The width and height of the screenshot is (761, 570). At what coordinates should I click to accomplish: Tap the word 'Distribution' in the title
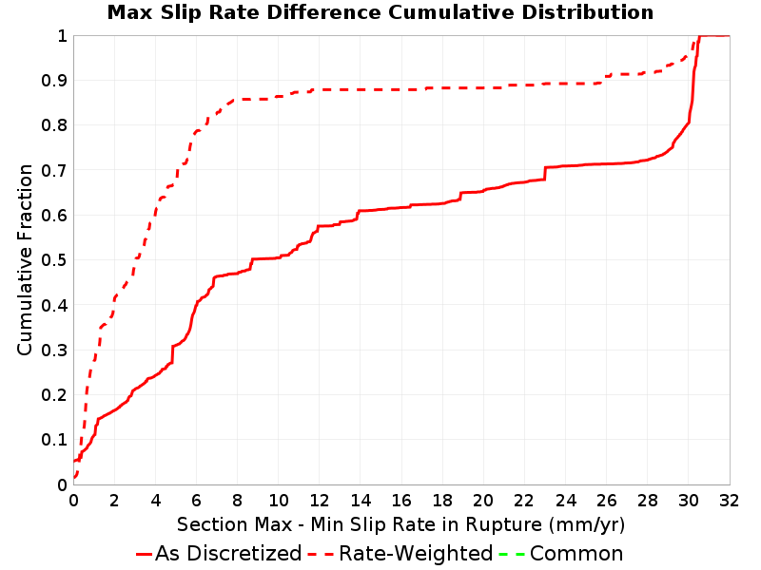click(588, 12)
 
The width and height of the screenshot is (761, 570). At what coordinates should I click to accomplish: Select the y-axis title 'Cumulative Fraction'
click(25, 259)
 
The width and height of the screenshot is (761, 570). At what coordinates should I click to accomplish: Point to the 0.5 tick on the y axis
click(54, 260)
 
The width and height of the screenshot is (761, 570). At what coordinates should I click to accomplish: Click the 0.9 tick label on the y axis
click(54, 81)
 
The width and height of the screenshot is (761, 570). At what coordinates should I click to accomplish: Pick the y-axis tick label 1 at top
click(63, 36)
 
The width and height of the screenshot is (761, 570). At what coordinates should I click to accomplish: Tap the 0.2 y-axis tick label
click(54, 395)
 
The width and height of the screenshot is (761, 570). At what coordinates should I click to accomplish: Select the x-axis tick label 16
click(401, 500)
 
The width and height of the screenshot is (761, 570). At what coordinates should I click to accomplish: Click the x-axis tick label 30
click(688, 500)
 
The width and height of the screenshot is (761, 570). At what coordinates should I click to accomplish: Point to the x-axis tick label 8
click(237, 500)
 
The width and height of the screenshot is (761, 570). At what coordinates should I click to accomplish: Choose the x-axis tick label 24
click(565, 500)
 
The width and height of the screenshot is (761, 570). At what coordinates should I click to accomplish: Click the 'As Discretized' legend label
click(228, 554)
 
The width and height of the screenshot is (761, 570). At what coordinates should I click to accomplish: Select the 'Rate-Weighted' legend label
click(416, 554)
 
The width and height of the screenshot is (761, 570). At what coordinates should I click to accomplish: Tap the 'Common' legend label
click(576, 554)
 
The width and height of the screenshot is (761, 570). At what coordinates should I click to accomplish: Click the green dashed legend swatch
click(512, 554)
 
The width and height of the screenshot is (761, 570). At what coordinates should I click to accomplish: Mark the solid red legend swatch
click(145, 554)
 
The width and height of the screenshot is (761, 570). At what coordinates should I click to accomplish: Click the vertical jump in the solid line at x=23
click(545, 174)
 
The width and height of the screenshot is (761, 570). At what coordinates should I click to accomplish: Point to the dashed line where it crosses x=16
click(401, 89)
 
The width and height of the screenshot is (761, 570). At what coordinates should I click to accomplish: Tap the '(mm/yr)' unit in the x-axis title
click(587, 525)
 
